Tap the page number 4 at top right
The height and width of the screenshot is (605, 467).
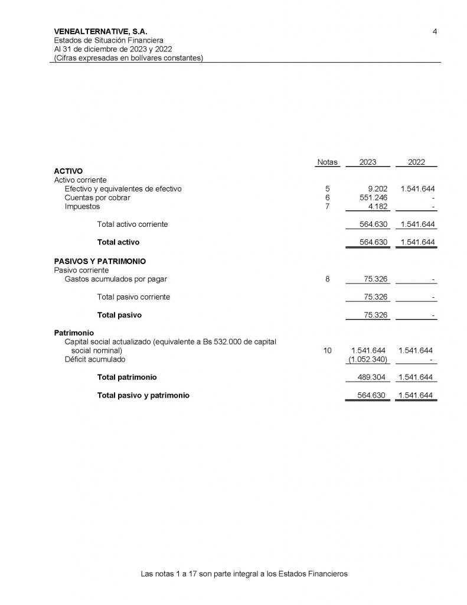click(x=435, y=31)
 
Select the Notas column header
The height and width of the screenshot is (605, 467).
click(x=327, y=162)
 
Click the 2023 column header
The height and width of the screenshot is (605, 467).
click(x=367, y=162)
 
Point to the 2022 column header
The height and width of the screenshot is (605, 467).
click(x=417, y=162)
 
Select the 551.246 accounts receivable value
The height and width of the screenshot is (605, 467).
click(x=373, y=198)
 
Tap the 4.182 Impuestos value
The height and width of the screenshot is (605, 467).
click(x=376, y=207)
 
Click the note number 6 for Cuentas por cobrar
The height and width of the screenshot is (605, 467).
click(x=327, y=198)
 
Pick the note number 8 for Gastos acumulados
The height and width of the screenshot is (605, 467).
click(x=327, y=279)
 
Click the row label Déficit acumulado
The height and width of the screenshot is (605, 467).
click(x=94, y=359)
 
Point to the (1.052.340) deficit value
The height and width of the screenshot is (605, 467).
click(x=368, y=359)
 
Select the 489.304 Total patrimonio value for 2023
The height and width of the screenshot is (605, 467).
click(x=373, y=378)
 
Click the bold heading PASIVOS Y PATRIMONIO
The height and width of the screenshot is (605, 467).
click(x=100, y=261)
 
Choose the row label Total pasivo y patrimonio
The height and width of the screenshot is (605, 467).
click(x=143, y=396)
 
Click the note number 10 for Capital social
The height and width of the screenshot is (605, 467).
click(x=327, y=350)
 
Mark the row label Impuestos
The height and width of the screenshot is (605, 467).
click(x=82, y=207)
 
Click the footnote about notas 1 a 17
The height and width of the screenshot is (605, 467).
click(x=244, y=574)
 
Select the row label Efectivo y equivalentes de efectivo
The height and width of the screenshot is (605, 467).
click(x=123, y=189)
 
